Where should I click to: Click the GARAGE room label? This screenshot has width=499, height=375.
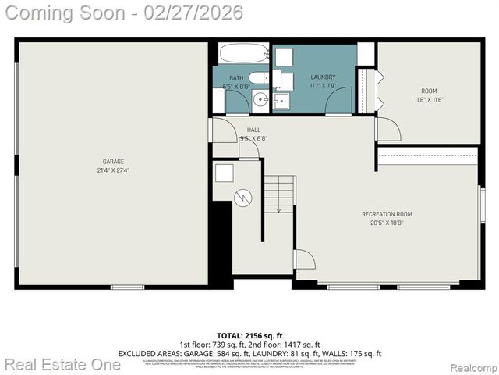[x=113, y=162]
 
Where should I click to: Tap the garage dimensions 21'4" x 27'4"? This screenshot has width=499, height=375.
[x=113, y=170]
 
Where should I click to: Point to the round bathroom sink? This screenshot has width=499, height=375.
[x=259, y=100]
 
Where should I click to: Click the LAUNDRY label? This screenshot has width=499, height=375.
[x=323, y=77]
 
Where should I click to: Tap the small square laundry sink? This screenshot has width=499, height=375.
[x=281, y=101]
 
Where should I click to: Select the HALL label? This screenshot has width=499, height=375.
[x=253, y=130]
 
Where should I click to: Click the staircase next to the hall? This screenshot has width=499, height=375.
[x=278, y=192]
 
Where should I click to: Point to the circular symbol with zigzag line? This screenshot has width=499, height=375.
[x=244, y=198]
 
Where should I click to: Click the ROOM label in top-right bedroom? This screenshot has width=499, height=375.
[x=430, y=91]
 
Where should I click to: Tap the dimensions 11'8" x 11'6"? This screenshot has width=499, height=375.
[x=430, y=99]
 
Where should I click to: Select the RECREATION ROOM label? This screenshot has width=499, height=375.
[x=387, y=214]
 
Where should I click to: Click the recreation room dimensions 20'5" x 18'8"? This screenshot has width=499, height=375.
[x=387, y=223]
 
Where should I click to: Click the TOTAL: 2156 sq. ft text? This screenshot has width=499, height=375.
[x=249, y=335]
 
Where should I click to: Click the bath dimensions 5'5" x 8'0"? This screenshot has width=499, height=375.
[x=235, y=87]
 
